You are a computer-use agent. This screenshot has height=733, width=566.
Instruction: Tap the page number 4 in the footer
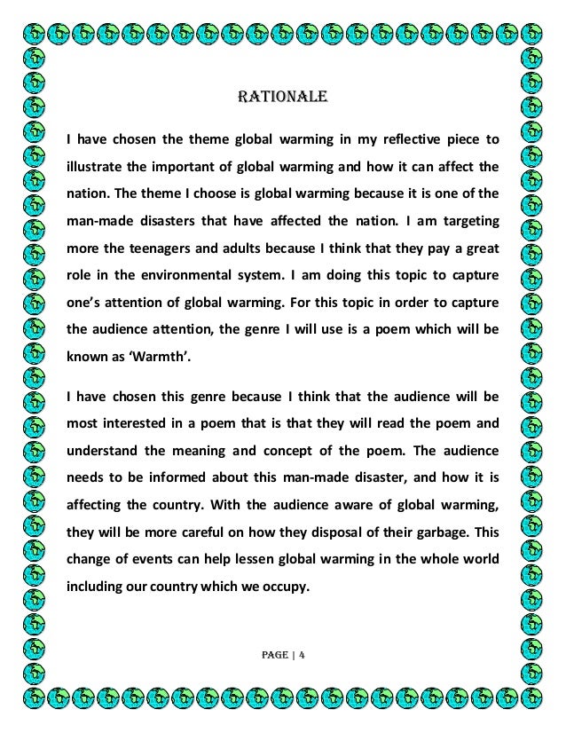point(302,658)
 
